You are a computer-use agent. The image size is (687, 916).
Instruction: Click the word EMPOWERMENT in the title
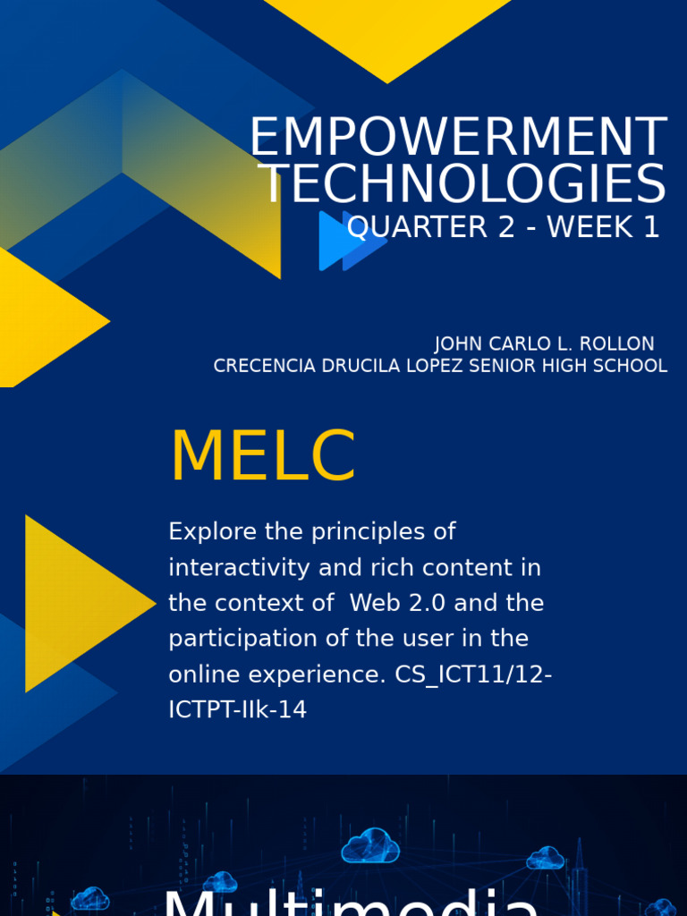tap(457, 139)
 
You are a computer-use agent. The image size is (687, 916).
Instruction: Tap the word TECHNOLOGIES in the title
tap(462, 185)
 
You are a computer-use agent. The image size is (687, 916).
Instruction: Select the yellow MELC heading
tap(262, 458)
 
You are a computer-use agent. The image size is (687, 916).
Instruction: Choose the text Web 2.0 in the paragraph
tap(398, 603)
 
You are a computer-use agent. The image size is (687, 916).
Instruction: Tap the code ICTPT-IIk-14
tap(237, 710)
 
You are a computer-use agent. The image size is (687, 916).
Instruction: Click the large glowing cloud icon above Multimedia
tap(370, 846)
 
